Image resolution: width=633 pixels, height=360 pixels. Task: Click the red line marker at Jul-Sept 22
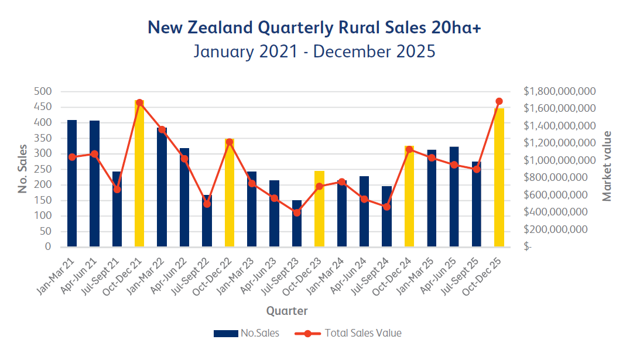click(x=207, y=204)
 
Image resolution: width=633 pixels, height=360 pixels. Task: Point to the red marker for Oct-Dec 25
click(x=499, y=101)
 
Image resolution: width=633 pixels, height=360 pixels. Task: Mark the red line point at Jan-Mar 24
click(x=342, y=182)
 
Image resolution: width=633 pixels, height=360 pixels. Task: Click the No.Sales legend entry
click(x=247, y=333)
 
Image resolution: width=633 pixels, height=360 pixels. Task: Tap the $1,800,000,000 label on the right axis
click(x=559, y=92)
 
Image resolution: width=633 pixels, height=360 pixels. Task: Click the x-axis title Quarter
click(x=287, y=311)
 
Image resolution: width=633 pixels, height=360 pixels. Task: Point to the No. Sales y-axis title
click(x=23, y=169)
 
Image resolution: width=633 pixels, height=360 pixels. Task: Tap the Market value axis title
click(x=607, y=166)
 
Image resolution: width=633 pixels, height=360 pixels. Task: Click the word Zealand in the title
click(x=225, y=28)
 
